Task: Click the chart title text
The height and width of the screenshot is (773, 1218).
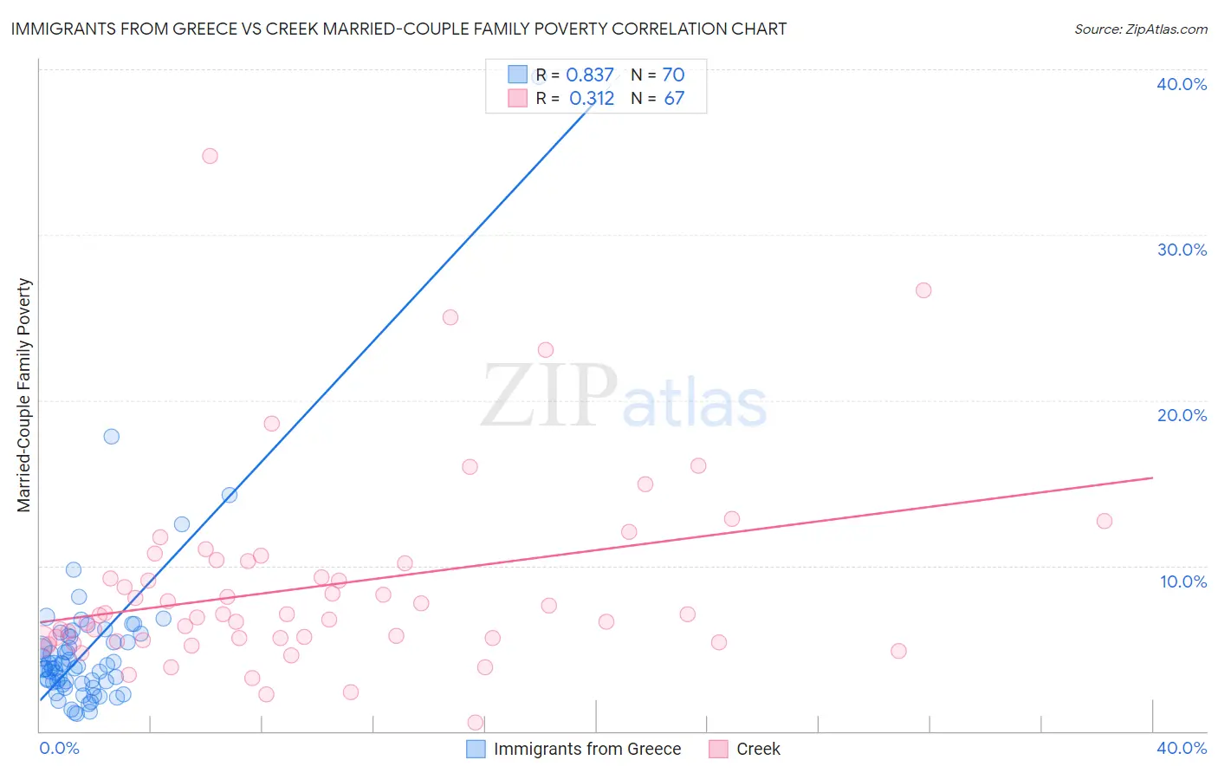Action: [398, 29]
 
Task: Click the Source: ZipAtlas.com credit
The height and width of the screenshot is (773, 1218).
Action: [1140, 29]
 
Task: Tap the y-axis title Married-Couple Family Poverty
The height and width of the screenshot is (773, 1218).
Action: [24, 395]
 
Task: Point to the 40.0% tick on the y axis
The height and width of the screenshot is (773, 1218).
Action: [1182, 84]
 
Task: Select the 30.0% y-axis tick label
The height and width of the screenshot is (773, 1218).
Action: [1182, 250]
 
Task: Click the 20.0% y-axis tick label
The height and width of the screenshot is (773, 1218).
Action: [1182, 415]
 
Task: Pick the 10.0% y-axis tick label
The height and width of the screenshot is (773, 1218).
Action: [1183, 581]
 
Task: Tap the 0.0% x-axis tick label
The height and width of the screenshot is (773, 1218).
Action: [59, 748]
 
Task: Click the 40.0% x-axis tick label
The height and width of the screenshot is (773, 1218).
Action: [1182, 748]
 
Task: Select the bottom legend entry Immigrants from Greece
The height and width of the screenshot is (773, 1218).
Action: [586, 749]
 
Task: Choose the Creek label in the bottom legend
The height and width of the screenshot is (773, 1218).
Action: [758, 749]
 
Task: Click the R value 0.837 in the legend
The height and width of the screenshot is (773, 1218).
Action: [590, 75]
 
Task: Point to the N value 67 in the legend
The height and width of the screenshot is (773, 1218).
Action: [674, 99]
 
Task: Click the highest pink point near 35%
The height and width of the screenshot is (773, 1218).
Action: [210, 156]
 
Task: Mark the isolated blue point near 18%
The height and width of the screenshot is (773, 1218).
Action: [112, 436]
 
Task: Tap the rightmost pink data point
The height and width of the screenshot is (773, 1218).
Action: [1104, 521]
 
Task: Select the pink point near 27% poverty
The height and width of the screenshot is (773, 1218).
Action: [923, 290]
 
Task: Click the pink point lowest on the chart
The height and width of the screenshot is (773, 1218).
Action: [476, 722]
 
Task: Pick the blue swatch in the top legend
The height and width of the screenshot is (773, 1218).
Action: [517, 75]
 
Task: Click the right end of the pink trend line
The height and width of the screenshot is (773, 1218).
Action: [1152, 477]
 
